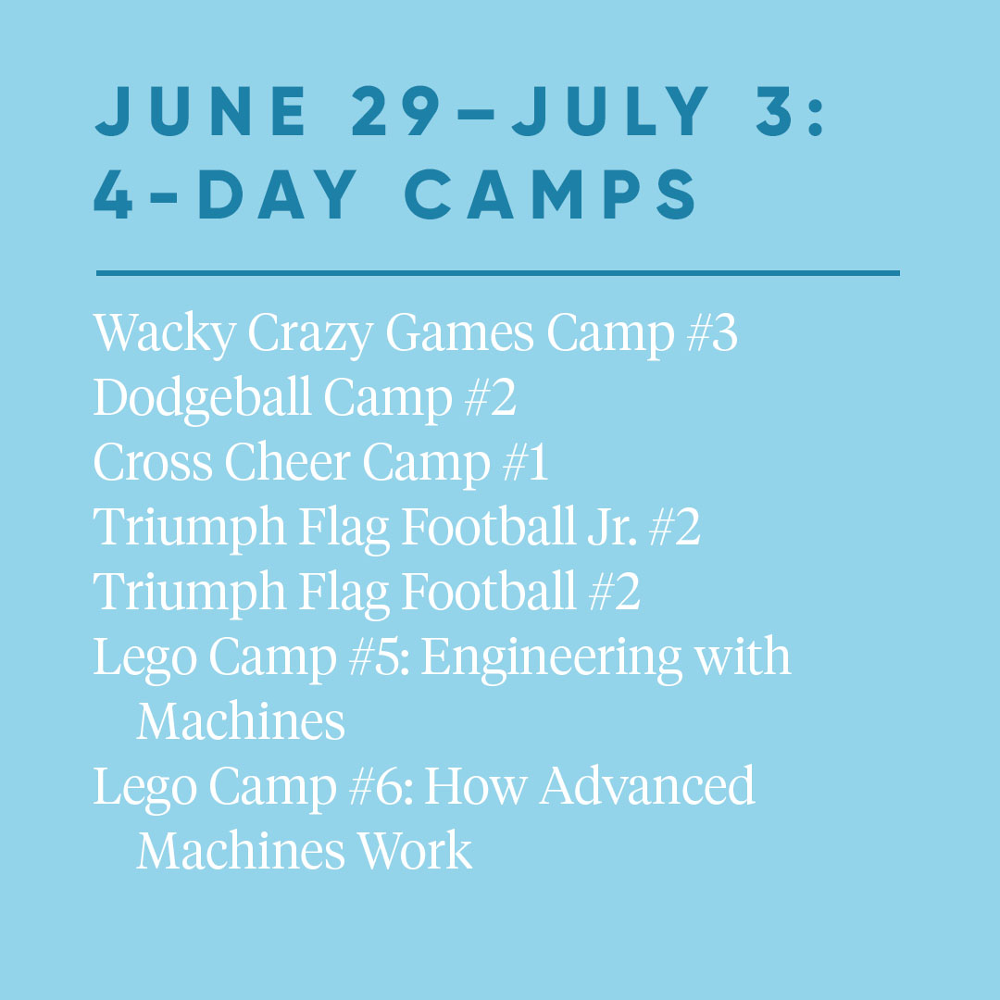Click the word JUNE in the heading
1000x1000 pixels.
point(200,111)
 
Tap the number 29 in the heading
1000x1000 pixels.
point(396,111)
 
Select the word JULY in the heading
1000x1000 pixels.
point(609,111)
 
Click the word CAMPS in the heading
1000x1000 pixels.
point(550,194)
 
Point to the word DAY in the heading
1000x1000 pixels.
point(278,194)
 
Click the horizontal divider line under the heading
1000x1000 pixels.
point(497,273)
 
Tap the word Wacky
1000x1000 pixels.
point(165,334)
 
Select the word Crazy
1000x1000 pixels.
point(310,334)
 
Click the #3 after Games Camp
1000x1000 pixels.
point(712,333)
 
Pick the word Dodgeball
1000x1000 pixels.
point(202,399)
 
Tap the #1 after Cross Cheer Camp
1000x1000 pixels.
point(525,462)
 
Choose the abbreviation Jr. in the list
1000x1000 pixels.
point(612,527)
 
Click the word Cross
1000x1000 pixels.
point(153,462)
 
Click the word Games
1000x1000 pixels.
point(459,333)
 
